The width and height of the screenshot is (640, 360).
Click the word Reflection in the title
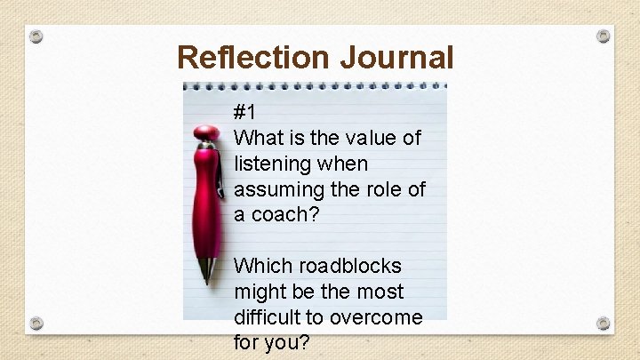[x=253, y=57]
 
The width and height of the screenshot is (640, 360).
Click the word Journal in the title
[x=396, y=57]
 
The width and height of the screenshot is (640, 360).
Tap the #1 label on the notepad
[x=245, y=113]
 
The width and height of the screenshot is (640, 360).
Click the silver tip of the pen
[x=208, y=269]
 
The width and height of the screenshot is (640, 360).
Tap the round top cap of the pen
[x=207, y=132]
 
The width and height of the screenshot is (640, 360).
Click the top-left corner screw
[x=36, y=36]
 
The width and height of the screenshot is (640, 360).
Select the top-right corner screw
[x=604, y=36]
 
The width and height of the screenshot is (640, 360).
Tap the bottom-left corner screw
[x=36, y=323]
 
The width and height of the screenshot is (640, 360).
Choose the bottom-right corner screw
[x=604, y=323]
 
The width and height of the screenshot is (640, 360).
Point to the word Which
[x=261, y=266]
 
